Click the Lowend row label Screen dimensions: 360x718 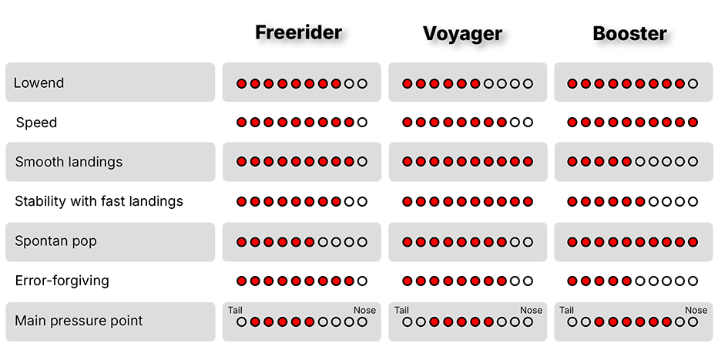pyautogui.click(x=39, y=82)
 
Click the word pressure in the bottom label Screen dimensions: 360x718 pyautogui.click(x=76, y=321)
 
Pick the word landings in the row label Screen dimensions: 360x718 pyautogui.click(x=96, y=162)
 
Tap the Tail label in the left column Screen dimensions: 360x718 pyautogui.click(x=236, y=311)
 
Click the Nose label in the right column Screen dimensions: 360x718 pyautogui.click(x=696, y=311)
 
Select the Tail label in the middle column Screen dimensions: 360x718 pyautogui.click(x=402, y=311)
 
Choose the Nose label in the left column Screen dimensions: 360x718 pyautogui.click(x=365, y=311)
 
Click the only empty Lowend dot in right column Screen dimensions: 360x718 pyautogui.click(x=693, y=83)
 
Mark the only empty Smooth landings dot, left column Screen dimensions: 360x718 pyautogui.click(x=362, y=162)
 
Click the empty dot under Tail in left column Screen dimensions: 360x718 pyautogui.click(x=242, y=321)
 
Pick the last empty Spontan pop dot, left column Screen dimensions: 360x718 pyautogui.click(x=362, y=242)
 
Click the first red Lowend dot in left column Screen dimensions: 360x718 pyautogui.click(x=242, y=83)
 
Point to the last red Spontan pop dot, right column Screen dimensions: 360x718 pyautogui.click(x=693, y=242)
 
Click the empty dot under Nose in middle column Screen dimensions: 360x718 pyautogui.click(x=528, y=321)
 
